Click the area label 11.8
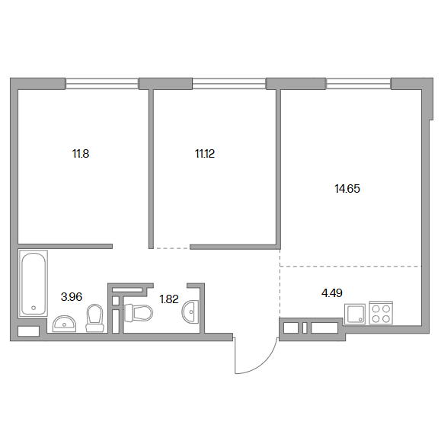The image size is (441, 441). point(81,154)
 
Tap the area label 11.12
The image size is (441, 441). point(205,154)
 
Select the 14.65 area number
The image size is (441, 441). point(347,189)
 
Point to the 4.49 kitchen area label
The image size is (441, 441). point(332,293)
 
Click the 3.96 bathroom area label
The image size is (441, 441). point(72,297)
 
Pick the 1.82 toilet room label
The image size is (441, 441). point(169,299)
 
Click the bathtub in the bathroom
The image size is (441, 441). point(34,283)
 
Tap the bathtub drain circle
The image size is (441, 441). point(34,308)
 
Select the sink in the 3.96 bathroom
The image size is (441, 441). point(65,324)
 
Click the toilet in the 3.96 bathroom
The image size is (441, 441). point(94,318)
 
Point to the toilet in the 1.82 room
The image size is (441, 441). point(139,312)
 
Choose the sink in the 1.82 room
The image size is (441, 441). point(190,312)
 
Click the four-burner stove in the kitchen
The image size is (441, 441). point(381,313)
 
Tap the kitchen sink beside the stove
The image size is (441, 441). point(355,314)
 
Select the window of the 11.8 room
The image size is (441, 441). point(102,84)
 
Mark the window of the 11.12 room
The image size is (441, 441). point(229,84)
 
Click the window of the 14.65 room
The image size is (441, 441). point(358,84)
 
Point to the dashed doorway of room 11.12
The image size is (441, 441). point(172,248)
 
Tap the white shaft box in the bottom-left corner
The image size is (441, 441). point(28,331)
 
